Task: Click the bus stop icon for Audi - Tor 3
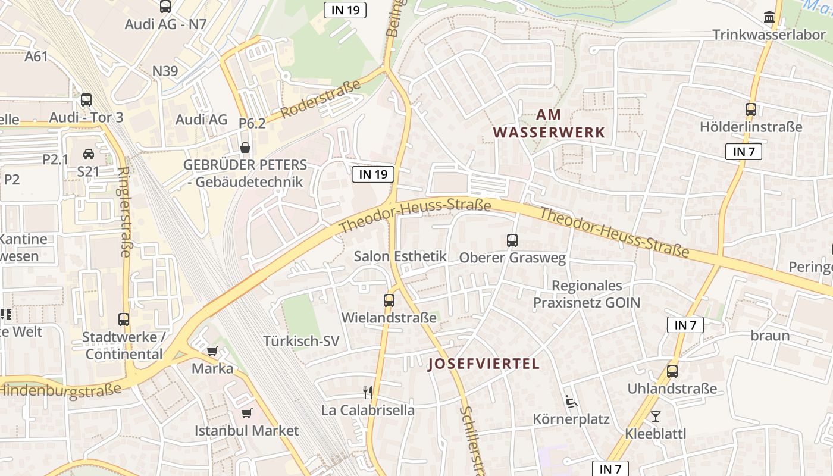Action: tap(86, 100)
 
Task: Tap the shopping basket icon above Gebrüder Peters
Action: tap(245, 147)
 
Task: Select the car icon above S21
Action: tap(88, 154)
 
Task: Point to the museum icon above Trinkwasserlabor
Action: tap(769, 17)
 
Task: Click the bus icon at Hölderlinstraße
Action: tap(750, 109)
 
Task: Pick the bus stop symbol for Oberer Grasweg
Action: tap(512, 240)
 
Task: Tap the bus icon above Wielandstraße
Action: tap(389, 300)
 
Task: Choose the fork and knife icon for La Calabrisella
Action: tap(368, 392)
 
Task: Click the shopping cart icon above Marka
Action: tap(212, 351)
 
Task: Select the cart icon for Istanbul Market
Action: tap(246, 413)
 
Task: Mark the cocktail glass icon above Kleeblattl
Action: tap(655, 416)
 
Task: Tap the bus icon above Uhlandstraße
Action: tap(672, 371)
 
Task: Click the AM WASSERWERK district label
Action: tap(549, 123)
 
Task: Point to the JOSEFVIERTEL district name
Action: tap(483, 364)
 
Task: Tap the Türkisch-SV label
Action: tap(301, 341)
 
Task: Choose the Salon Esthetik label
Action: tap(400, 256)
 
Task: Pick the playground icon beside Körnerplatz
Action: tap(571, 402)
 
